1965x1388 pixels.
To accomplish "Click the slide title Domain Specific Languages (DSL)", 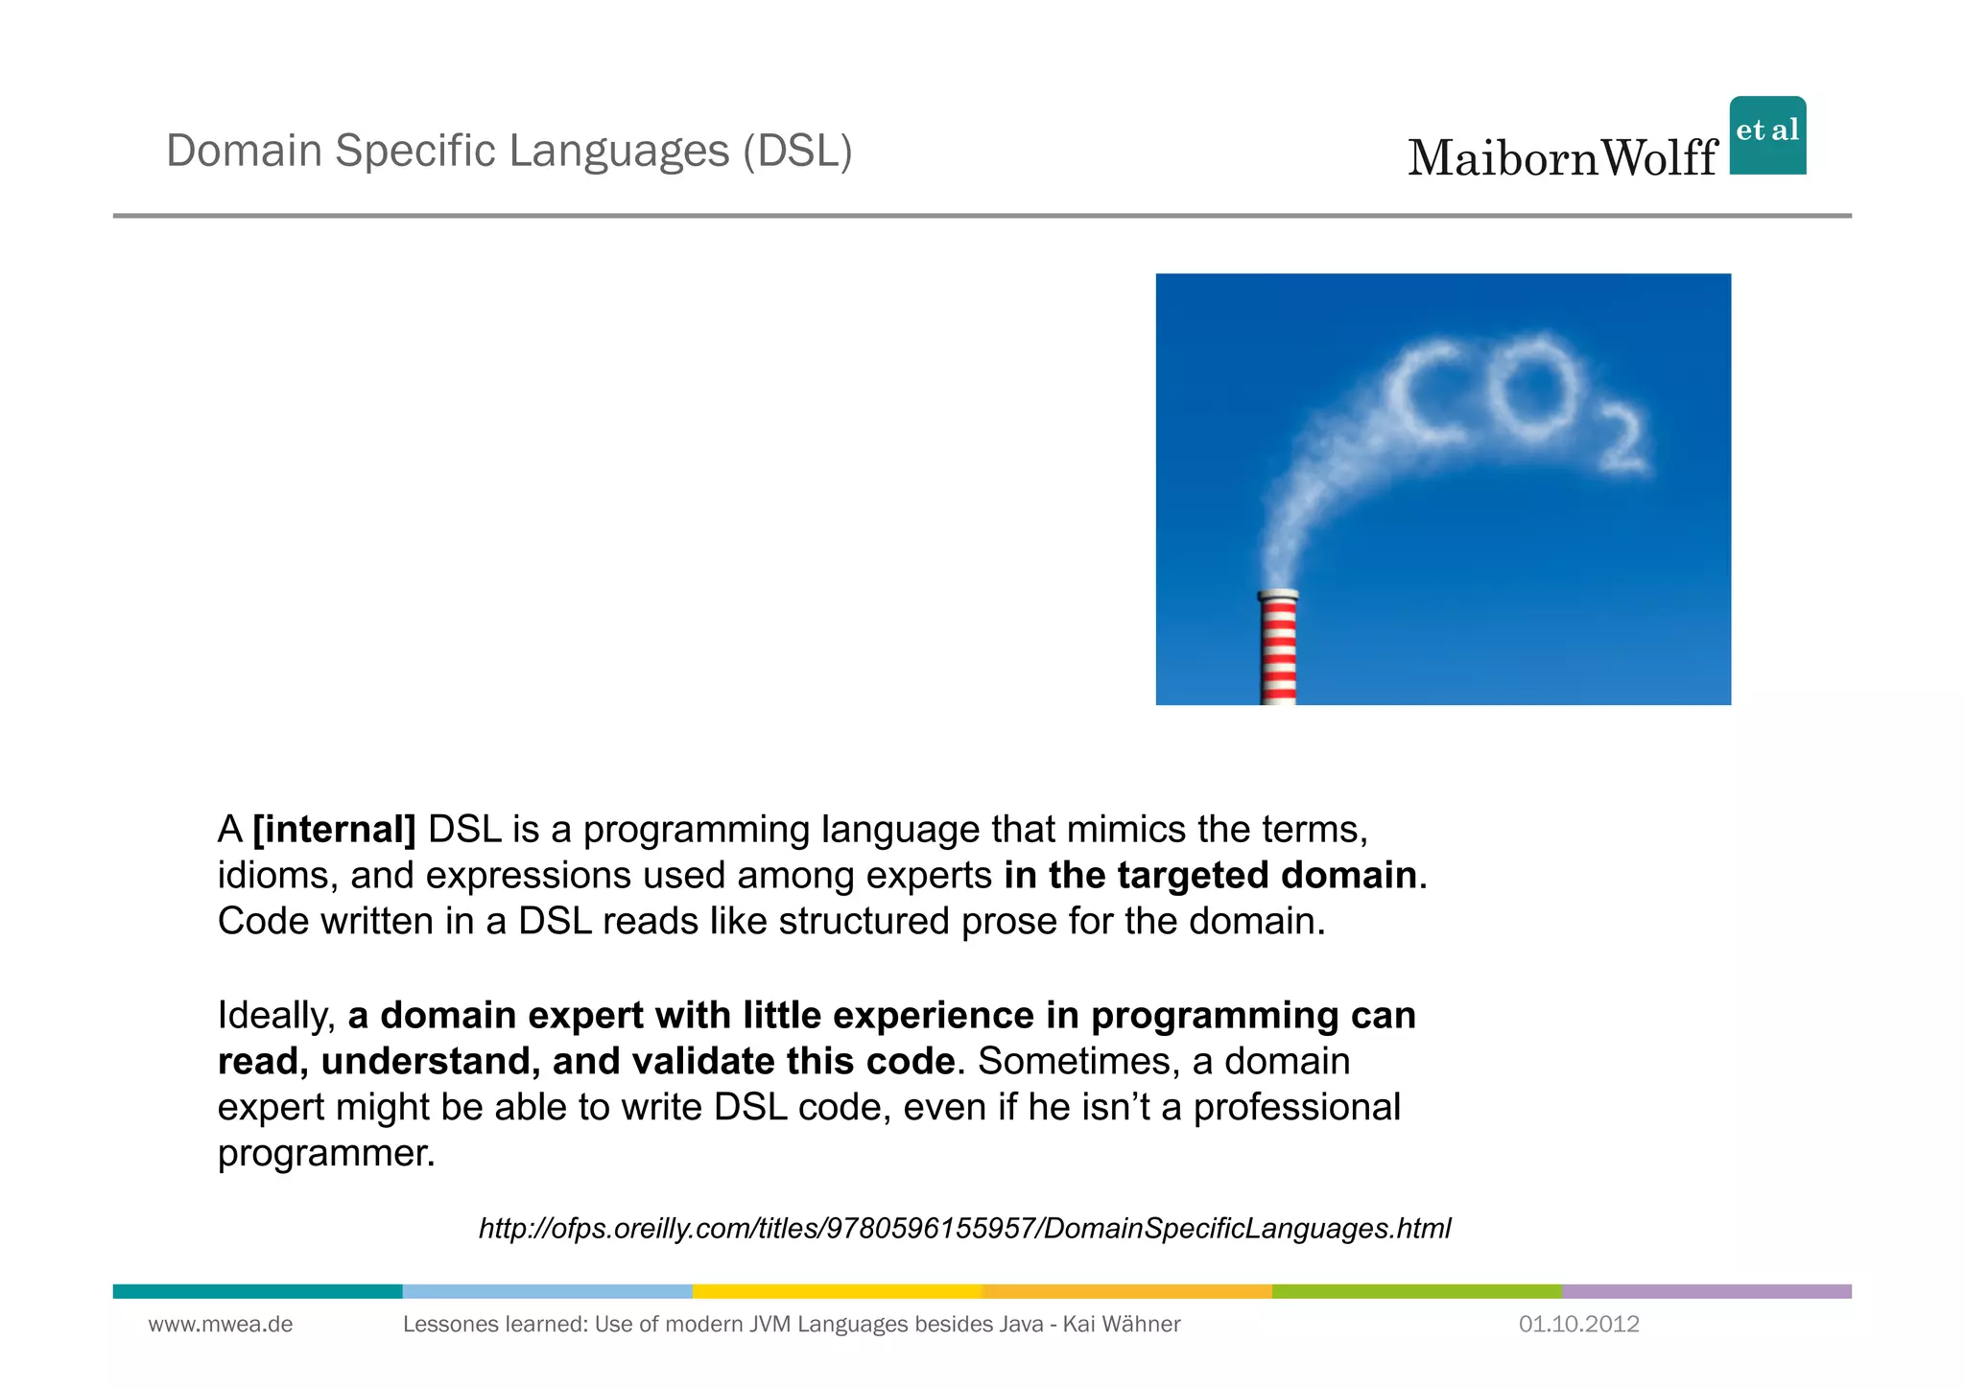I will click(x=509, y=151).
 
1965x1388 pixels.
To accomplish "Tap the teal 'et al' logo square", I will click(x=1766, y=135).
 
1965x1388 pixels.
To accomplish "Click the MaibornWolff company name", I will click(x=1561, y=158).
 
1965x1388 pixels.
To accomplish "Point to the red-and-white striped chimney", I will click(x=1277, y=648).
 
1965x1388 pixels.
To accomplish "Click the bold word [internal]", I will click(x=334, y=829).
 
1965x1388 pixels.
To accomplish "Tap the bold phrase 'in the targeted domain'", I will click(x=1211, y=875).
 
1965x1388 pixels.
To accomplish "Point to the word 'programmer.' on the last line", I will click(x=326, y=1153).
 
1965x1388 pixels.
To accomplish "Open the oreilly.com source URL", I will click(x=964, y=1228).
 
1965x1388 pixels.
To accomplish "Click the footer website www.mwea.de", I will click(x=221, y=1325).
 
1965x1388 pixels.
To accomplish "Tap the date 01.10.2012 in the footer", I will click(x=1578, y=1325).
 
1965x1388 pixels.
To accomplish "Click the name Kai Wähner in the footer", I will click(x=1122, y=1325).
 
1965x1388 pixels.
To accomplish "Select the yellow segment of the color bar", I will click(x=837, y=1291).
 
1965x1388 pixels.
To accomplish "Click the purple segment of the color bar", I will click(x=1706, y=1291).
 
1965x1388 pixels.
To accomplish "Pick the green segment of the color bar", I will click(x=1416, y=1291).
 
